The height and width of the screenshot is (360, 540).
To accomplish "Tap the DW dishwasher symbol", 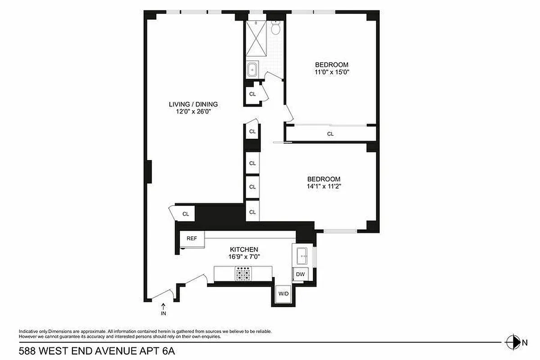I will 300,274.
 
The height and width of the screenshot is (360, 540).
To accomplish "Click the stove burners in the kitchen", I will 243,273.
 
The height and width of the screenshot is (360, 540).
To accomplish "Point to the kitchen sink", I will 301,256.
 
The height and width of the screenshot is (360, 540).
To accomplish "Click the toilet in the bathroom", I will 276,28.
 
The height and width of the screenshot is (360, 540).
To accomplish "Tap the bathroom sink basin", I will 252,70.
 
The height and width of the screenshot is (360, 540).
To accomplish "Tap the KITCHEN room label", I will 244,249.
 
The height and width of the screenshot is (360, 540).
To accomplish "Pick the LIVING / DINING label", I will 193,104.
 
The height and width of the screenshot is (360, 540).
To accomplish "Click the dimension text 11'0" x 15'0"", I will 332,72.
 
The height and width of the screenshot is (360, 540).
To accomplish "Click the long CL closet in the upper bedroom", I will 331,134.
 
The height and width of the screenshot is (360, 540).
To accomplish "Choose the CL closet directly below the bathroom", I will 252,94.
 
